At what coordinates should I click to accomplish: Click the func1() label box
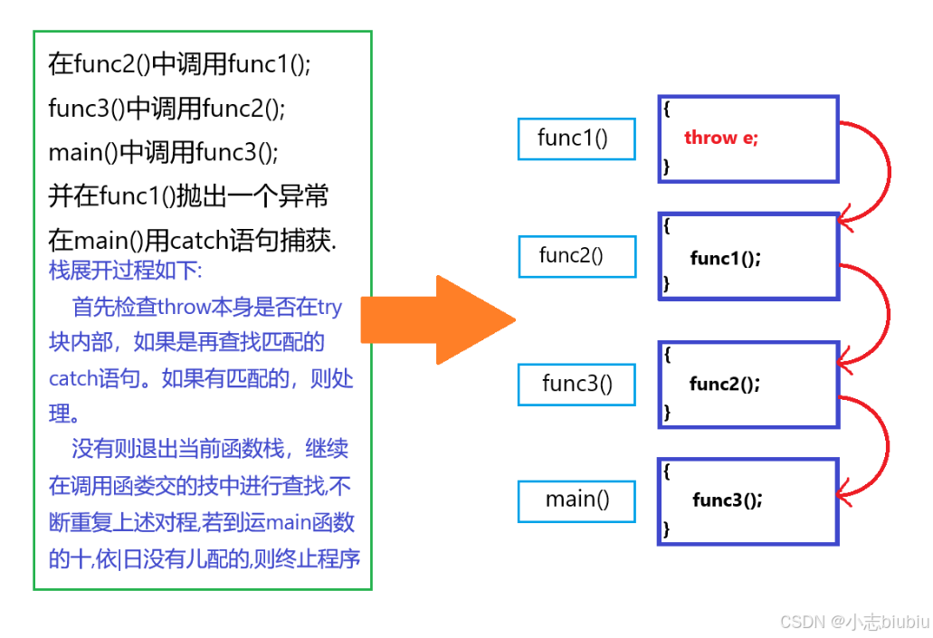coord(576,138)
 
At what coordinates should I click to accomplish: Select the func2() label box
coord(576,255)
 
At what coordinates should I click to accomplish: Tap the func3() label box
coord(576,384)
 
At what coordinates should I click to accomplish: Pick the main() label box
coord(576,500)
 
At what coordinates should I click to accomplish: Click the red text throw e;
coord(721,138)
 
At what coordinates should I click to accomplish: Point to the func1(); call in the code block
coord(725,259)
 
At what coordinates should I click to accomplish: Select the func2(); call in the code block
coord(724,384)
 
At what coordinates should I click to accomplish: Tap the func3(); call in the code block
coord(727,500)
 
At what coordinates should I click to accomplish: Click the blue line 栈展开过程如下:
coord(126,270)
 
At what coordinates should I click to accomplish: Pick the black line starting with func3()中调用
coord(167,109)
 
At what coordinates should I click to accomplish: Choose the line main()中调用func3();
coord(163,152)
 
